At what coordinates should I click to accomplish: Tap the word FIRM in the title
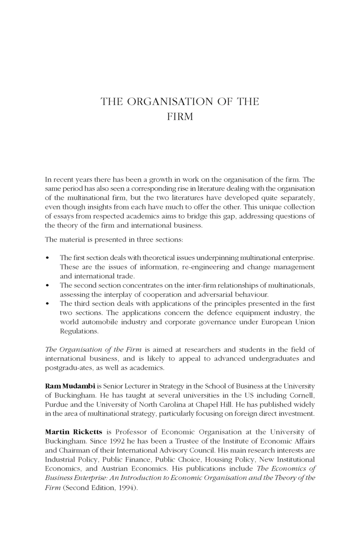point(179,118)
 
